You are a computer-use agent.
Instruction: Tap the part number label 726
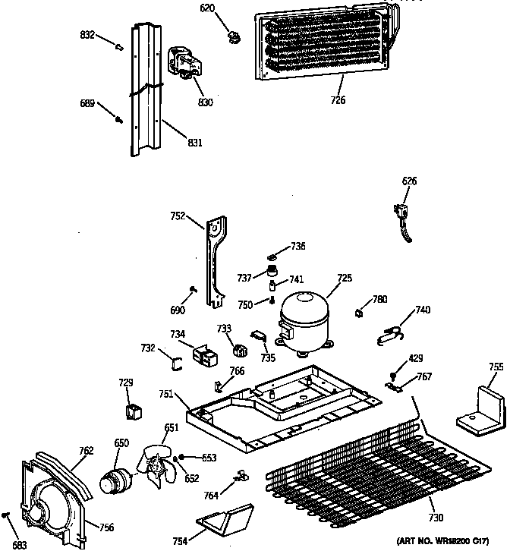click(338, 100)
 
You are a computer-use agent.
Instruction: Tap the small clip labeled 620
click(234, 36)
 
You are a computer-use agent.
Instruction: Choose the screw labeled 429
click(394, 375)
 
